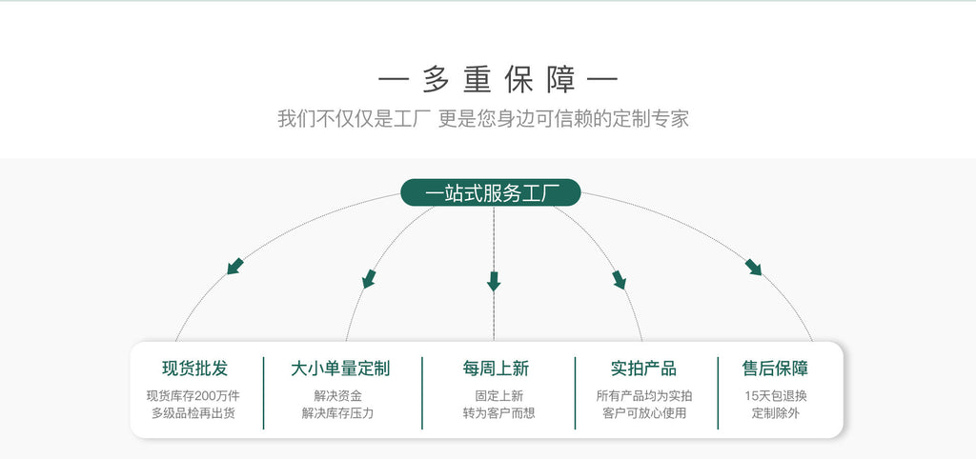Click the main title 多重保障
pyautogui.click(x=498, y=80)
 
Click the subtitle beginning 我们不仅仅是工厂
pyautogui.click(x=483, y=118)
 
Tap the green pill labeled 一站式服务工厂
pyautogui.click(x=491, y=192)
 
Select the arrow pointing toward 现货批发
pyautogui.click(x=234, y=267)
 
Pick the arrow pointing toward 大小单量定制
pyautogui.click(x=369, y=279)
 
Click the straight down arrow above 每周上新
pyautogui.click(x=494, y=281)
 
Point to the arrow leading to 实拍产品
pyautogui.click(x=619, y=279)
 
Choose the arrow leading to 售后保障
pyautogui.click(x=753, y=267)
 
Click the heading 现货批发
pyautogui.click(x=194, y=369)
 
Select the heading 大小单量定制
pyautogui.click(x=340, y=369)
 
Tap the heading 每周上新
pyautogui.click(x=496, y=369)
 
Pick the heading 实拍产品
pyautogui.click(x=643, y=369)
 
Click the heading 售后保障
pyautogui.click(x=775, y=369)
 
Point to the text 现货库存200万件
pyautogui.click(x=193, y=396)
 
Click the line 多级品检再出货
pyautogui.click(x=193, y=413)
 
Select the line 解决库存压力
pyautogui.click(x=338, y=413)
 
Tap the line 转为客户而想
pyautogui.click(x=498, y=413)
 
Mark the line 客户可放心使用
pyautogui.click(x=644, y=413)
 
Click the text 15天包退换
pyautogui.click(x=776, y=396)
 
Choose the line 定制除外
pyautogui.click(x=776, y=413)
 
